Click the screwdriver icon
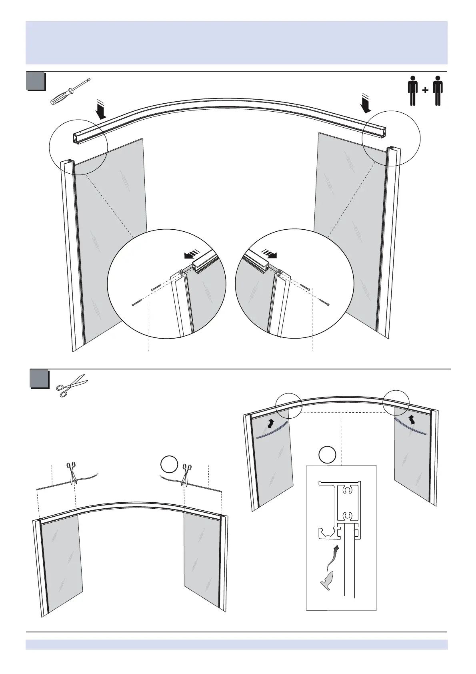tap(70, 91)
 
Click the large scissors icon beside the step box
tap(72, 385)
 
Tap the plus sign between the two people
tap(425, 90)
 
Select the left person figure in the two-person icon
tap(413, 90)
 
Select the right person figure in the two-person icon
tap(438, 90)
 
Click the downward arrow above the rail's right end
tap(366, 102)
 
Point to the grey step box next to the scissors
tap(39, 379)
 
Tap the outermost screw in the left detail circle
tap(136, 303)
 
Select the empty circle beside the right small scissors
tap(169, 465)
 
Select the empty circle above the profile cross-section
tap(328, 455)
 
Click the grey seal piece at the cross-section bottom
tap(326, 580)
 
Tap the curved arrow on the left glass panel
tap(271, 423)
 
